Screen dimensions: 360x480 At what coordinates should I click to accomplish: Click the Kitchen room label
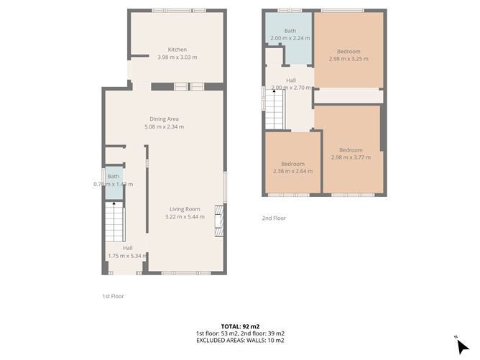pos(177,50)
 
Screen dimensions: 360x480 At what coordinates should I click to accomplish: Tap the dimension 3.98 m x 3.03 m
pos(177,57)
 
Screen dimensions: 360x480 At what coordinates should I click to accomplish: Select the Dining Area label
pos(164,119)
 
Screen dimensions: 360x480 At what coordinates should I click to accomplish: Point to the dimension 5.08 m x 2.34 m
pos(164,126)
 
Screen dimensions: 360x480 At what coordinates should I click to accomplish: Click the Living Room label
pos(185,208)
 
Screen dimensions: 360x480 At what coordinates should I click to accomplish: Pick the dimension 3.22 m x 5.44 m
pos(185,216)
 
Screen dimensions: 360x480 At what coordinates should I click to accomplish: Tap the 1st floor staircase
pos(114,221)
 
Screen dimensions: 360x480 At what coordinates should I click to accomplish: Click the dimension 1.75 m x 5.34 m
pos(127,255)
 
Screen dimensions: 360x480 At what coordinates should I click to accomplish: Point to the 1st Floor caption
pos(113,295)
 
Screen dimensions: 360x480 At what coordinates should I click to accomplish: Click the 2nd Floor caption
pos(274,218)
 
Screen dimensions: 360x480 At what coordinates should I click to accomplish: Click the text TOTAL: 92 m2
pos(240,326)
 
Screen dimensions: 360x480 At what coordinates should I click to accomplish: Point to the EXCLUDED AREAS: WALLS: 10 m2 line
pos(240,341)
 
